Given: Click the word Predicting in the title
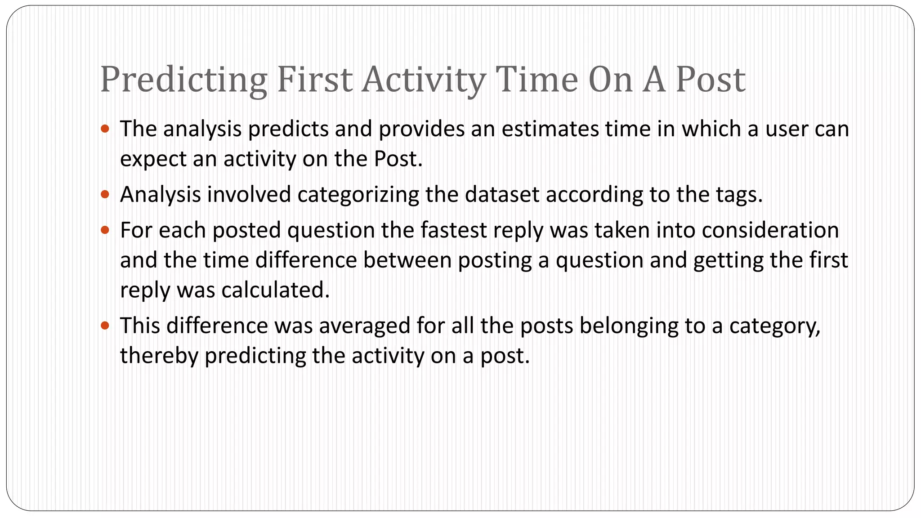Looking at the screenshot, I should [183, 80].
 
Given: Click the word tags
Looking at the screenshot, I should [738, 195].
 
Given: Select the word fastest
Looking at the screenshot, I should [454, 230].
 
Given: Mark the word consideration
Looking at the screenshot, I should [770, 230].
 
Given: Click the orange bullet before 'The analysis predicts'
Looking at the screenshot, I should [105, 129].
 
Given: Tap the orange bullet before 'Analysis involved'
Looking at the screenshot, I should [105, 195].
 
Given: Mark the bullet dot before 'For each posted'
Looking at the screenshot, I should [105, 230].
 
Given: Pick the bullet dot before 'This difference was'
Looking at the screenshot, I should [105, 326].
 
